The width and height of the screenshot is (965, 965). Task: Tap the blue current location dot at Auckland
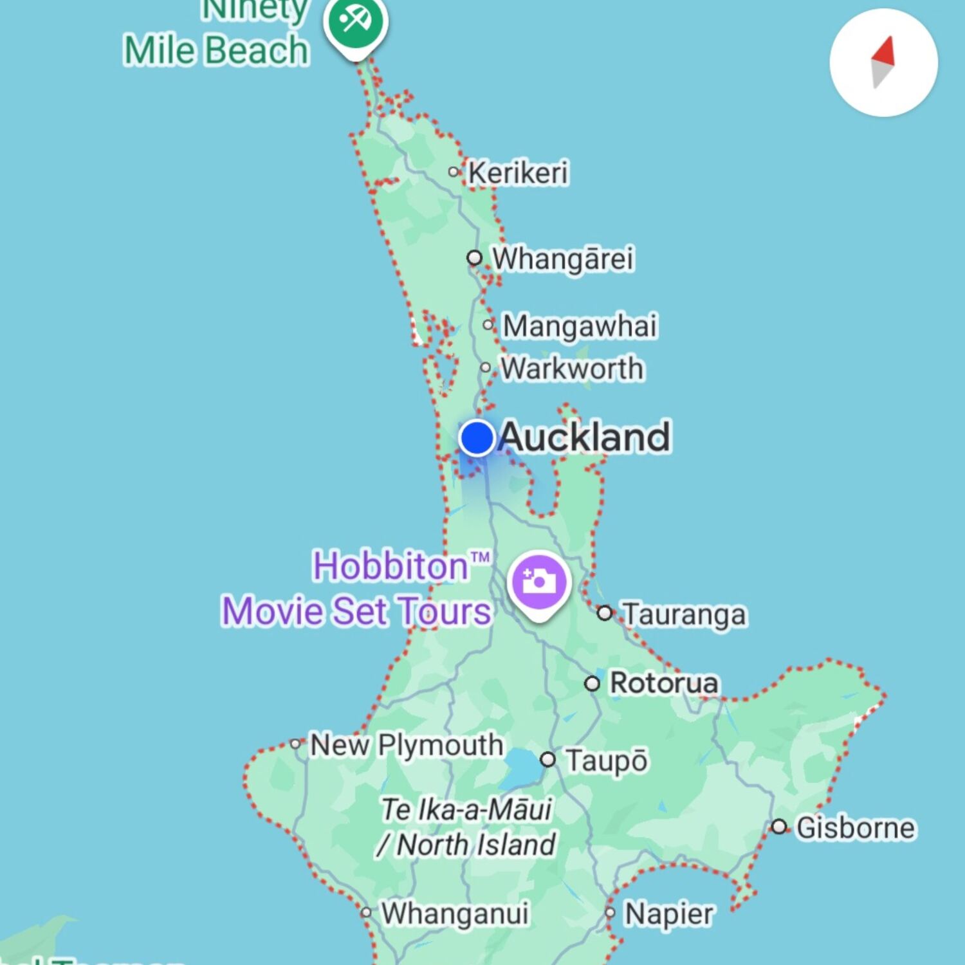pos(477,437)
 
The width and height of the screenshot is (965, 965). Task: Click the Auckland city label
pos(584,437)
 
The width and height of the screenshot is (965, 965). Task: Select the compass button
pos(883,62)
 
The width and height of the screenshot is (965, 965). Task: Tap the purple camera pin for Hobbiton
pos(539,582)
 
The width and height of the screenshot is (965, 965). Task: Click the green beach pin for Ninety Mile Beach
pos(356,23)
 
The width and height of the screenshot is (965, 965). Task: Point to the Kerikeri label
pos(518,172)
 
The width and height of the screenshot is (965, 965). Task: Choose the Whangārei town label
pos(563,259)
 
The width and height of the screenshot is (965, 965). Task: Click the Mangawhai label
pos(580,326)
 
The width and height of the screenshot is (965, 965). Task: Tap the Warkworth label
pos(572,369)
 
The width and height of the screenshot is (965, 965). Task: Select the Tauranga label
pos(685,614)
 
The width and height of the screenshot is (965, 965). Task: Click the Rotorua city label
pos(663,683)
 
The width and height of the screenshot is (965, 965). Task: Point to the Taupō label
pos(607,760)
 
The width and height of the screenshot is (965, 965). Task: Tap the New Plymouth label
pos(407,745)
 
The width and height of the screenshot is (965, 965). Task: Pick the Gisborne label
pos(855,827)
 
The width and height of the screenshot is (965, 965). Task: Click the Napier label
pos(668,914)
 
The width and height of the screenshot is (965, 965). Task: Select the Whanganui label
pos(455,913)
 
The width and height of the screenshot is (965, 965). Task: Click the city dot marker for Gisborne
pos(779,827)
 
